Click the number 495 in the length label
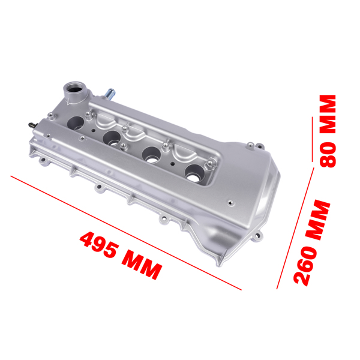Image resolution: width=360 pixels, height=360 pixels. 100,244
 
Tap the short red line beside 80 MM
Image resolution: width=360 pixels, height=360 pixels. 313,138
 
